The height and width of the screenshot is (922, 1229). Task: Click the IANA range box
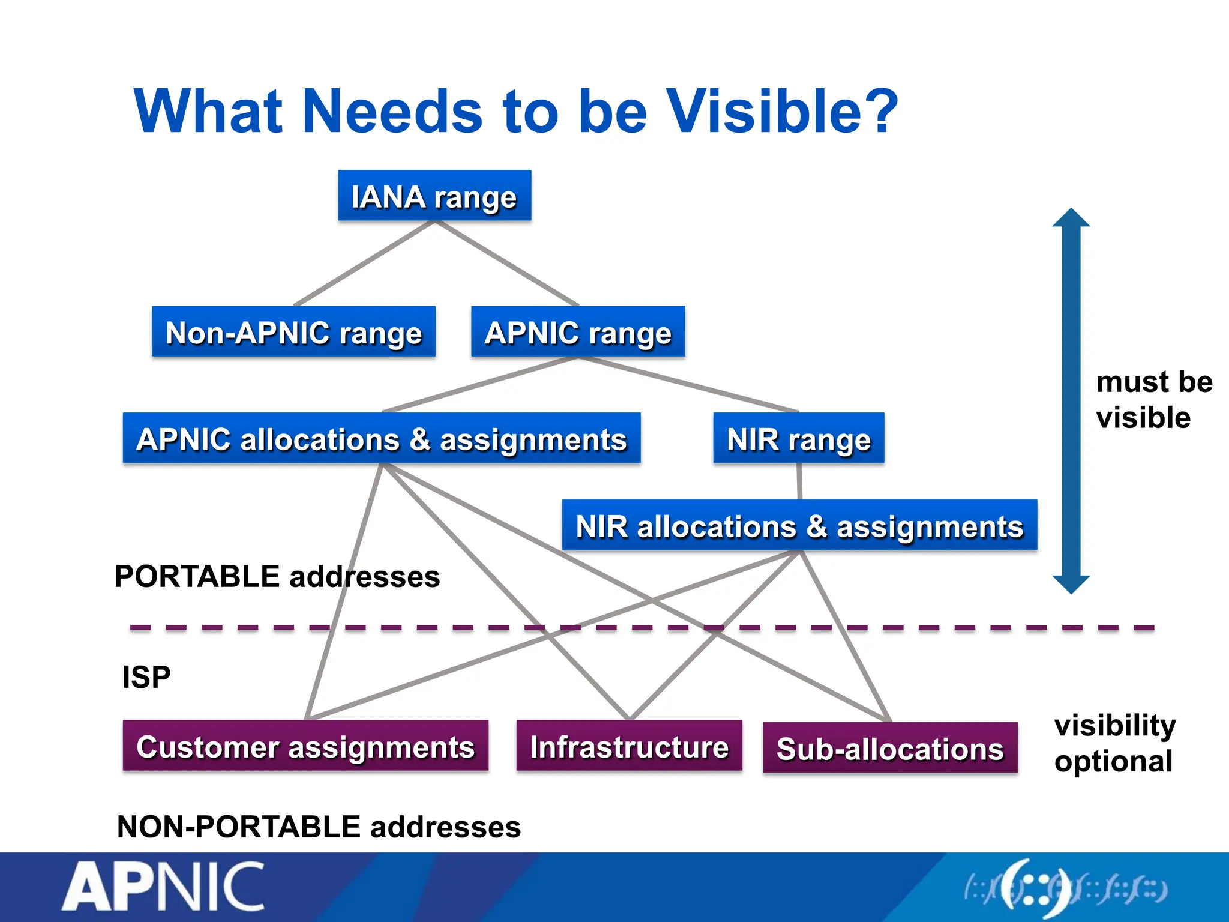(434, 196)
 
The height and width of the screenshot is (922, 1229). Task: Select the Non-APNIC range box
(293, 332)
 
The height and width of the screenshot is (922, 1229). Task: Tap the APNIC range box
(578, 332)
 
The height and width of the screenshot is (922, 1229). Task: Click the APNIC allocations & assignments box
(382, 438)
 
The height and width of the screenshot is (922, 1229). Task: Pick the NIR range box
(798, 438)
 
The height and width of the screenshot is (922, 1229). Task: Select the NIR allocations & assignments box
(799, 525)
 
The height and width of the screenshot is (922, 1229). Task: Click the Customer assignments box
(305, 746)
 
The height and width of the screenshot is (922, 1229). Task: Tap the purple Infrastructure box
(629, 746)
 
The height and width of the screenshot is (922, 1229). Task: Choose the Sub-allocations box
(890, 748)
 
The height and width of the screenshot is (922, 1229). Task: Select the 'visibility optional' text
(1114, 743)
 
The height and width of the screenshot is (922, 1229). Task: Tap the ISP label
(146, 677)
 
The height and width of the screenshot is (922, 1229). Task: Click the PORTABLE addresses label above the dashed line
(277, 577)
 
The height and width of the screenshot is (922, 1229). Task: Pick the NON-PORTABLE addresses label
(319, 827)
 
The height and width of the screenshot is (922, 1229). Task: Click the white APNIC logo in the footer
(163, 887)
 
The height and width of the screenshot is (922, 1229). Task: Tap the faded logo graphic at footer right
(1065, 889)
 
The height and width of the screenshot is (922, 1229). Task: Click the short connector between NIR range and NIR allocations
(799, 481)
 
